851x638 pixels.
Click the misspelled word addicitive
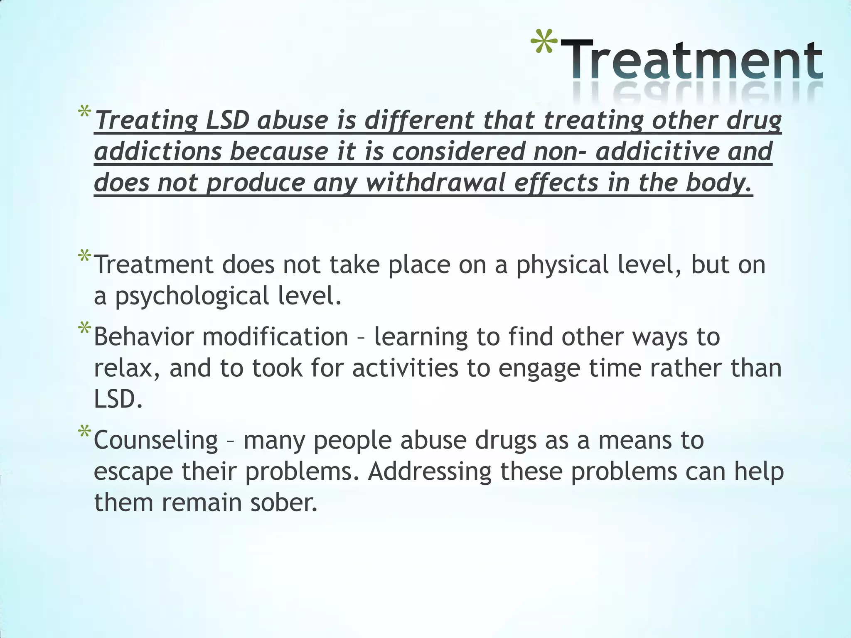[657, 151]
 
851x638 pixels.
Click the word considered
[458, 151]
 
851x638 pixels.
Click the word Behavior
[144, 336]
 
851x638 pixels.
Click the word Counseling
[156, 440]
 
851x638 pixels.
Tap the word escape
[133, 472]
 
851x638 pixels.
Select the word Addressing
[429, 472]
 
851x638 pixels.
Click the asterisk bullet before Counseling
[84, 433]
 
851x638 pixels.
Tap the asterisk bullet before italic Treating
[84, 113]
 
